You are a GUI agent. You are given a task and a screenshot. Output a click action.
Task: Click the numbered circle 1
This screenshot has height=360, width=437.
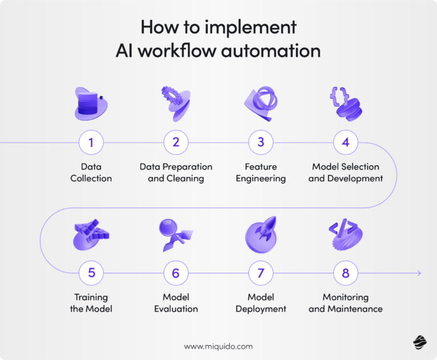point(91,142)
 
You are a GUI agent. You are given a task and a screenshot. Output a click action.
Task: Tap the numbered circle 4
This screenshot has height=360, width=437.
point(345,142)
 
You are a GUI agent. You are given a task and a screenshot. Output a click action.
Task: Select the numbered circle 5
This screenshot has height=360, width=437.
point(91,273)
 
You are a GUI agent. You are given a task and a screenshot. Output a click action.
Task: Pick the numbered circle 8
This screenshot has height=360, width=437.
point(345,273)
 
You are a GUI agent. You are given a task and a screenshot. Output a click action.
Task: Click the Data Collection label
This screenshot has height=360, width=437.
point(91,173)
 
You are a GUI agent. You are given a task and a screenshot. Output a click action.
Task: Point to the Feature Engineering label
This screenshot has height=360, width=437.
point(261,173)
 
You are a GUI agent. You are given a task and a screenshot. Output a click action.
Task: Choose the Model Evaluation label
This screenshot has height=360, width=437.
point(176,303)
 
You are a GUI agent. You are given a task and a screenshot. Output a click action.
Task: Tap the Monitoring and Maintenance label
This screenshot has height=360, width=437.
point(345,303)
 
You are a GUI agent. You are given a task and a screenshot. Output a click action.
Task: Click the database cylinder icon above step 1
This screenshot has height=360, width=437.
point(89,101)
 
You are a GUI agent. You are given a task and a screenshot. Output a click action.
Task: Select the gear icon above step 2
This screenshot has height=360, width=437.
point(170,95)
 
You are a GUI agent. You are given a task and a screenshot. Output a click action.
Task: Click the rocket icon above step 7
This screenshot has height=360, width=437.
point(262,230)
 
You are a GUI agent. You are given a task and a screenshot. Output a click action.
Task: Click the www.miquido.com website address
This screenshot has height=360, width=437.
point(219,346)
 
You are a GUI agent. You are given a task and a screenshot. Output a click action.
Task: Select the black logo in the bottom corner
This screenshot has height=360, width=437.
point(420,342)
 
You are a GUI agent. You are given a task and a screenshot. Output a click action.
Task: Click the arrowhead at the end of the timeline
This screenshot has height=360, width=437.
point(418,273)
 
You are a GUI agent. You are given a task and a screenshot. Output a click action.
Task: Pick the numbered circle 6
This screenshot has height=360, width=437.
point(176,273)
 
